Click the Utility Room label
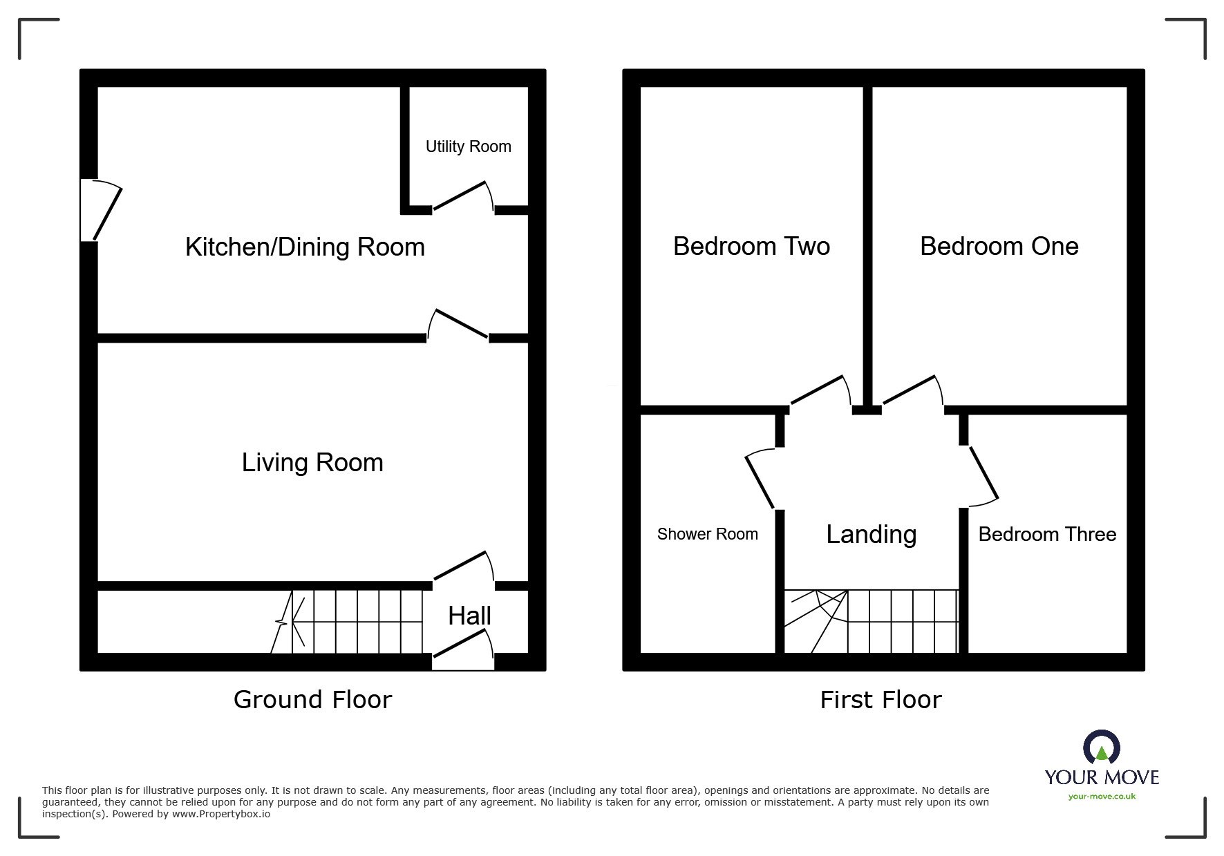tap(468, 146)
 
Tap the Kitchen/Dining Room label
tap(305, 247)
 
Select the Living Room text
tap(312, 462)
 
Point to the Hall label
tap(469, 616)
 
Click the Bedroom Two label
tap(751, 246)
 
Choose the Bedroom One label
tap(999, 246)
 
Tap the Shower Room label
tap(707, 534)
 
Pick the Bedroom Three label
tap(1047, 534)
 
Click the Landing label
tap(872, 534)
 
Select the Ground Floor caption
tap(312, 700)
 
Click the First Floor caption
tap(881, 700)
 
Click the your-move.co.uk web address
tap(1102, 797)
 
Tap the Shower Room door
tap(760, 479)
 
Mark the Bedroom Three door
tap(982, 475)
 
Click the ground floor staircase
tap(357, 622)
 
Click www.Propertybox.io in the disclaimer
tap(221, 814)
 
